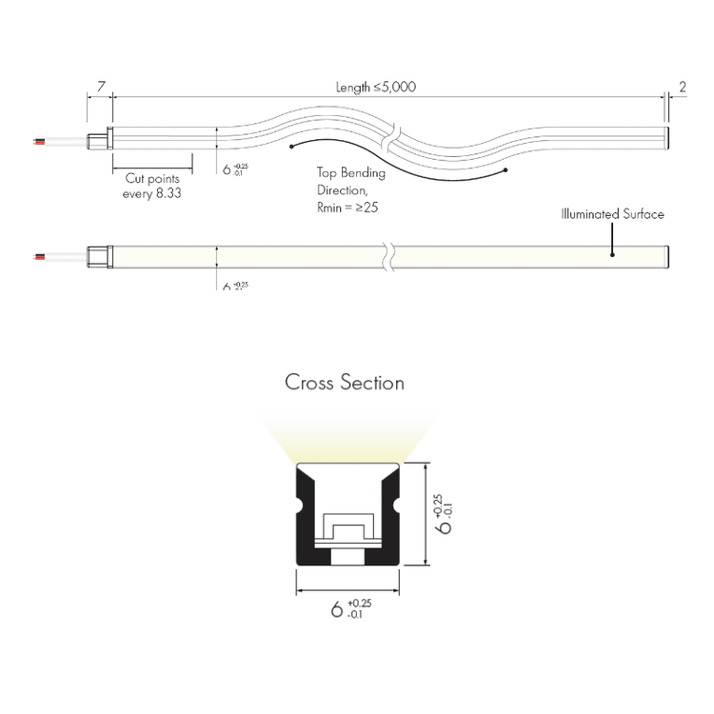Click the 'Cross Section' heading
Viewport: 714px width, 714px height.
[x=345, y=383]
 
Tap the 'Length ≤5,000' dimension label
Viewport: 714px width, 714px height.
[x=376, y=88]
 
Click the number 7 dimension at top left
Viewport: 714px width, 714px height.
[x=100, y=87]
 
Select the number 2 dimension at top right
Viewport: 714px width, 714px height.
[x=682, y=87]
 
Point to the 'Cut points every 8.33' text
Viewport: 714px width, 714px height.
[x=152, y=185]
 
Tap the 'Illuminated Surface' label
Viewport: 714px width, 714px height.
[x=612, y=214]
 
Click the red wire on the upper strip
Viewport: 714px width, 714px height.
[x=37, y=141]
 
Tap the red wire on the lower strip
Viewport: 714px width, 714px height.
[x=37, y=257]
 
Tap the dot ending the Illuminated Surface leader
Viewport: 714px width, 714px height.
[x=612, y=254]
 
